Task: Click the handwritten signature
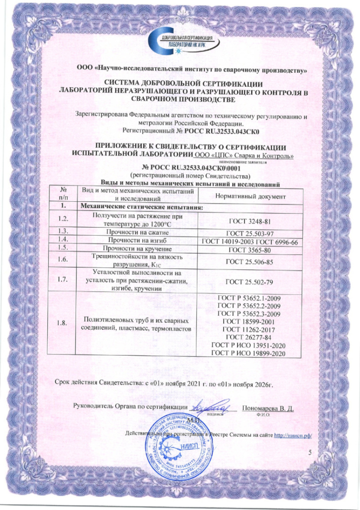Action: tap(215, 407)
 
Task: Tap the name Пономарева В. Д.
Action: tap(269, 408)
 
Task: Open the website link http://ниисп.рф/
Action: tap(293, 435)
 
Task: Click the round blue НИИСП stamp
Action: tap(178, 450)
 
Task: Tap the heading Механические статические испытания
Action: tap(141, 206)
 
